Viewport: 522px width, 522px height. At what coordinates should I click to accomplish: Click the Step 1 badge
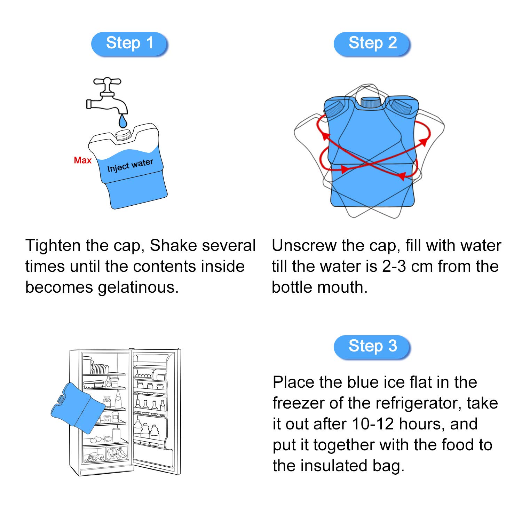pyautogui.click(x=129, y=43)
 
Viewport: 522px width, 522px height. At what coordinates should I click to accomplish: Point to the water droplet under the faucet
pyautogui.click(x=122, y=121)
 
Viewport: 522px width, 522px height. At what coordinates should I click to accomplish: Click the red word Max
pyautogui.click(x=82, y=160)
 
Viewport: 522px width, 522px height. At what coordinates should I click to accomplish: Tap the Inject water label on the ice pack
pyautogui.click(x=130, y=165)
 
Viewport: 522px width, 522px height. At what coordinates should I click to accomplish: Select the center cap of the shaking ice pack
pyautogui.click(x=372, y=102)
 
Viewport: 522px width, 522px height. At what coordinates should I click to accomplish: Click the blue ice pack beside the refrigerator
pyautogui.click(x=77, y=408)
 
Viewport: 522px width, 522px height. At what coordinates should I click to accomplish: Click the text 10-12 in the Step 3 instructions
pyautogui.click(x=373, y=424)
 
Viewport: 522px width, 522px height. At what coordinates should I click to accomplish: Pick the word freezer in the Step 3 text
pyautogui.click(x=299, y=403)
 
